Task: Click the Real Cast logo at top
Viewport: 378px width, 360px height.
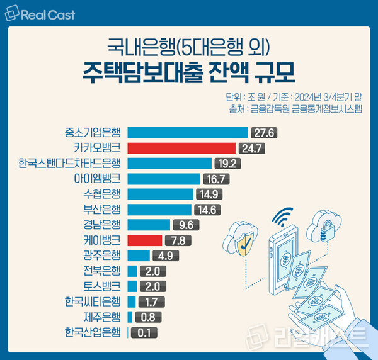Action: tap(42, 13)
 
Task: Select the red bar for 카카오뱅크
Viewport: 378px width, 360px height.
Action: tap(181, 149)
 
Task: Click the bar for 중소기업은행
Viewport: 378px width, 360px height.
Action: tap(188, 133)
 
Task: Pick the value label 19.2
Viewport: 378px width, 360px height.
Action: tap(227, 164)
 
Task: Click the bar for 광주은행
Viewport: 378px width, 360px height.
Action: tap(139, 256)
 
